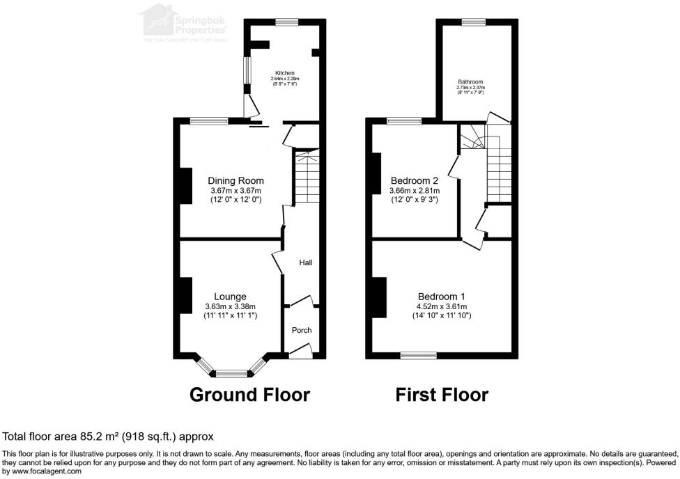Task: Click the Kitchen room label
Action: tap(284, 73)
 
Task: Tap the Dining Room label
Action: tap(235, 181)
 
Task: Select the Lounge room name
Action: tap(230, 297)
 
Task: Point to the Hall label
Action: tap(305, 263)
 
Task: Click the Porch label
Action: tap(302, 330)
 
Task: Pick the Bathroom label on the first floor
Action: tap(470, 82)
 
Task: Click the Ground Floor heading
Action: tap(249, 395)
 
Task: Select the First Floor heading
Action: tap(442, 395)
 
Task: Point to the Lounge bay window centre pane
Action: tap(231, 374)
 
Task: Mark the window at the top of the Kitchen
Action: tap(286, 22)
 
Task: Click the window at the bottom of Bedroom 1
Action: tap(417, 356)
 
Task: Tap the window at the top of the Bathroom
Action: tap(476, 22)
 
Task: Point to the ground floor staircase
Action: tap(307, 178)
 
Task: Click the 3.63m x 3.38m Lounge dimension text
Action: tap(230, 306)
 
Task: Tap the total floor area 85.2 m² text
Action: tap(108, 437)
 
